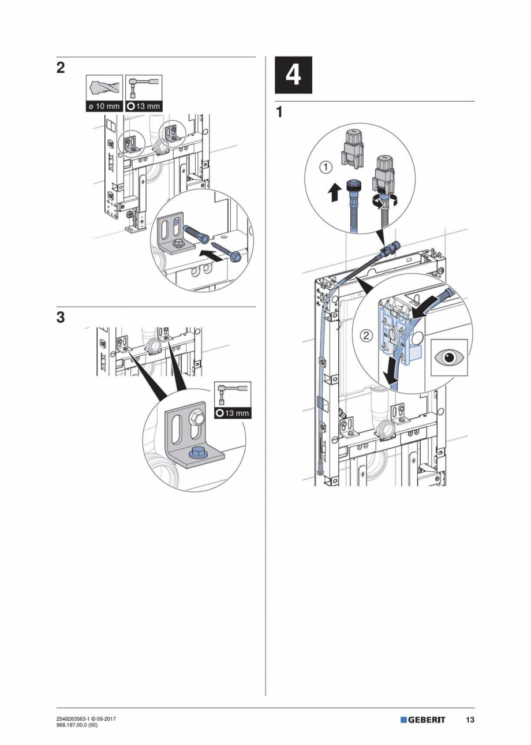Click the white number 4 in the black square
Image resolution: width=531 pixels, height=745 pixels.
point(293,75)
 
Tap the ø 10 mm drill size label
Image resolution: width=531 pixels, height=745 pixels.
point(104,106)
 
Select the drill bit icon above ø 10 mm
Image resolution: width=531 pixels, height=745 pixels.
point(104,88)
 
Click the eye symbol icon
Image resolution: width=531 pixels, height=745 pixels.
point(449,357)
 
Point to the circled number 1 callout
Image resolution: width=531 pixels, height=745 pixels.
point(326,167)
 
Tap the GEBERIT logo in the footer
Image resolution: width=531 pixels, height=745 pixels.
point(423,720)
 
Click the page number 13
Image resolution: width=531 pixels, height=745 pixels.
point(470,720)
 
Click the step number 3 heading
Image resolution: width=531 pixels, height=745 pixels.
point(60,318)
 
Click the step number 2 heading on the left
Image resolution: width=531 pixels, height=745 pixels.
point(60,68)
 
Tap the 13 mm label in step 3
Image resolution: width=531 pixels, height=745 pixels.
point(233,413)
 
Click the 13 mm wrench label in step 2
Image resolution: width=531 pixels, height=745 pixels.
point(144,106)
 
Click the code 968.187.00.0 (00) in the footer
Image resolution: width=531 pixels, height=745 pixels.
point(77,725)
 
